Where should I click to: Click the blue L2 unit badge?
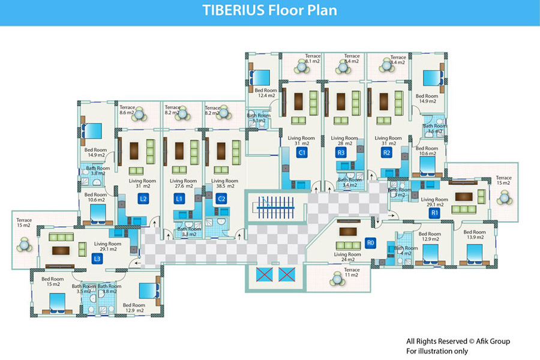[x=143, y=199]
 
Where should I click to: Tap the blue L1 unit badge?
[x=179, y=199]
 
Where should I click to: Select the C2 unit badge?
[x=221, y=199]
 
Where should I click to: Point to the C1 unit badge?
[x=302, y=153]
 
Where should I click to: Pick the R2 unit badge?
[x=387, y=153]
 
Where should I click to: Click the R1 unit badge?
[x=435, y=212]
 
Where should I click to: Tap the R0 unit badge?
[x=371, y=242]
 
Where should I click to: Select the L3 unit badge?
[x=97, y=259]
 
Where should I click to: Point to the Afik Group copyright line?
[x=458, y=341]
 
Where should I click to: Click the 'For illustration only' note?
[x=437, y=350]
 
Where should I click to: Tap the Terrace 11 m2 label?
[x=352, y=274]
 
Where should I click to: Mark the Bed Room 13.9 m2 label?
[x=475, y=235]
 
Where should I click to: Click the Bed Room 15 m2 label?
[x=53, y=281]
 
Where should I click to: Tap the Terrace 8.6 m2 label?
[x=127, y=110]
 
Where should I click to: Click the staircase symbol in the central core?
[x=274, y=206]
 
